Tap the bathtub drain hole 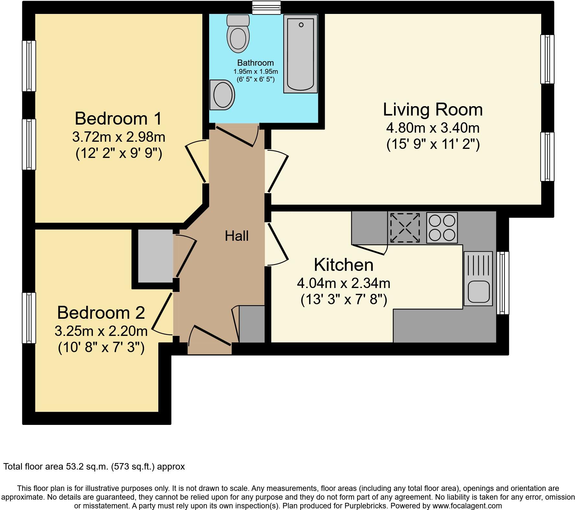[x=301, y=25]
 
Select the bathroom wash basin [x=222, y=95]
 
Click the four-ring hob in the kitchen [x=442, y=227]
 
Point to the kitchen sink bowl [x=478, y=291]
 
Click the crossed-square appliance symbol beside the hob [x=405, y=227]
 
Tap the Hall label [x=237, y=236]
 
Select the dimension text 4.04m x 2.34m [x=344, y=283]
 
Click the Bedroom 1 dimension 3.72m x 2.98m [x=118, y=137]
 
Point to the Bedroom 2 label [x=101, y=313]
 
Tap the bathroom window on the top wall [x=266, y=7]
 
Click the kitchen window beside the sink [x=502, y=283]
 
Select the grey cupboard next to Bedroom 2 [x=155, y=256]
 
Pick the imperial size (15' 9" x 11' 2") [x=433, y=144]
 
